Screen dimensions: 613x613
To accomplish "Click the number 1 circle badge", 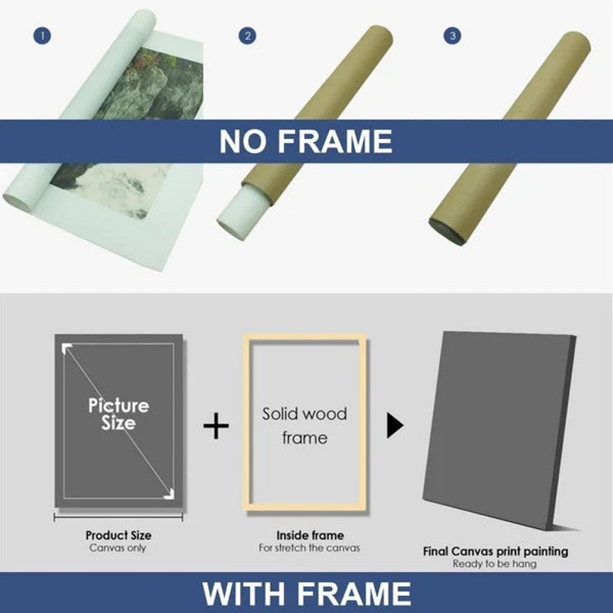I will pyautogui.click(x=42, y=36).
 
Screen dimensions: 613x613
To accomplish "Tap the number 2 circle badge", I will pyautogui.click(x=247, y=36).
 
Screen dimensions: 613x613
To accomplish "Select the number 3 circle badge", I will pyautogui.click(x=452, y=36).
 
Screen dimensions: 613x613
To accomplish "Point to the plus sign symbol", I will pyautogui.click(x=216, y=425).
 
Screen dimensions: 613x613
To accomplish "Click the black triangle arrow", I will pyautogui.click(x=395, y=425).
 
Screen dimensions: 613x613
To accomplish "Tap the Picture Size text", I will pyautogui.click(x=118, y=414).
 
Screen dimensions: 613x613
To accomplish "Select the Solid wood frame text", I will pyautogui.click(x=304, y=425).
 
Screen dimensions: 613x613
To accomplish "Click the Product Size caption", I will pyautogui.click(x=118, y=535).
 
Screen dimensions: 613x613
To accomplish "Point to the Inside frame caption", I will pyautogui.click(x=310, y=535).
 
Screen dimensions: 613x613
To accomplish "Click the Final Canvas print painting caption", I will pyautogui.click(x=495, y=551).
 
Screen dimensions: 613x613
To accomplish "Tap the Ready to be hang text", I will pyautogui.click(x=495, y=564).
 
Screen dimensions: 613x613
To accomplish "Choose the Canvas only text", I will pyautogui.click(x=118, y=548).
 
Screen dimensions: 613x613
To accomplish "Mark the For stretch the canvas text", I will pyautogui.click(x=310, y=548).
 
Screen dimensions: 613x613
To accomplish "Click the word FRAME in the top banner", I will pyautogui.click(x=340, y=142).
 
